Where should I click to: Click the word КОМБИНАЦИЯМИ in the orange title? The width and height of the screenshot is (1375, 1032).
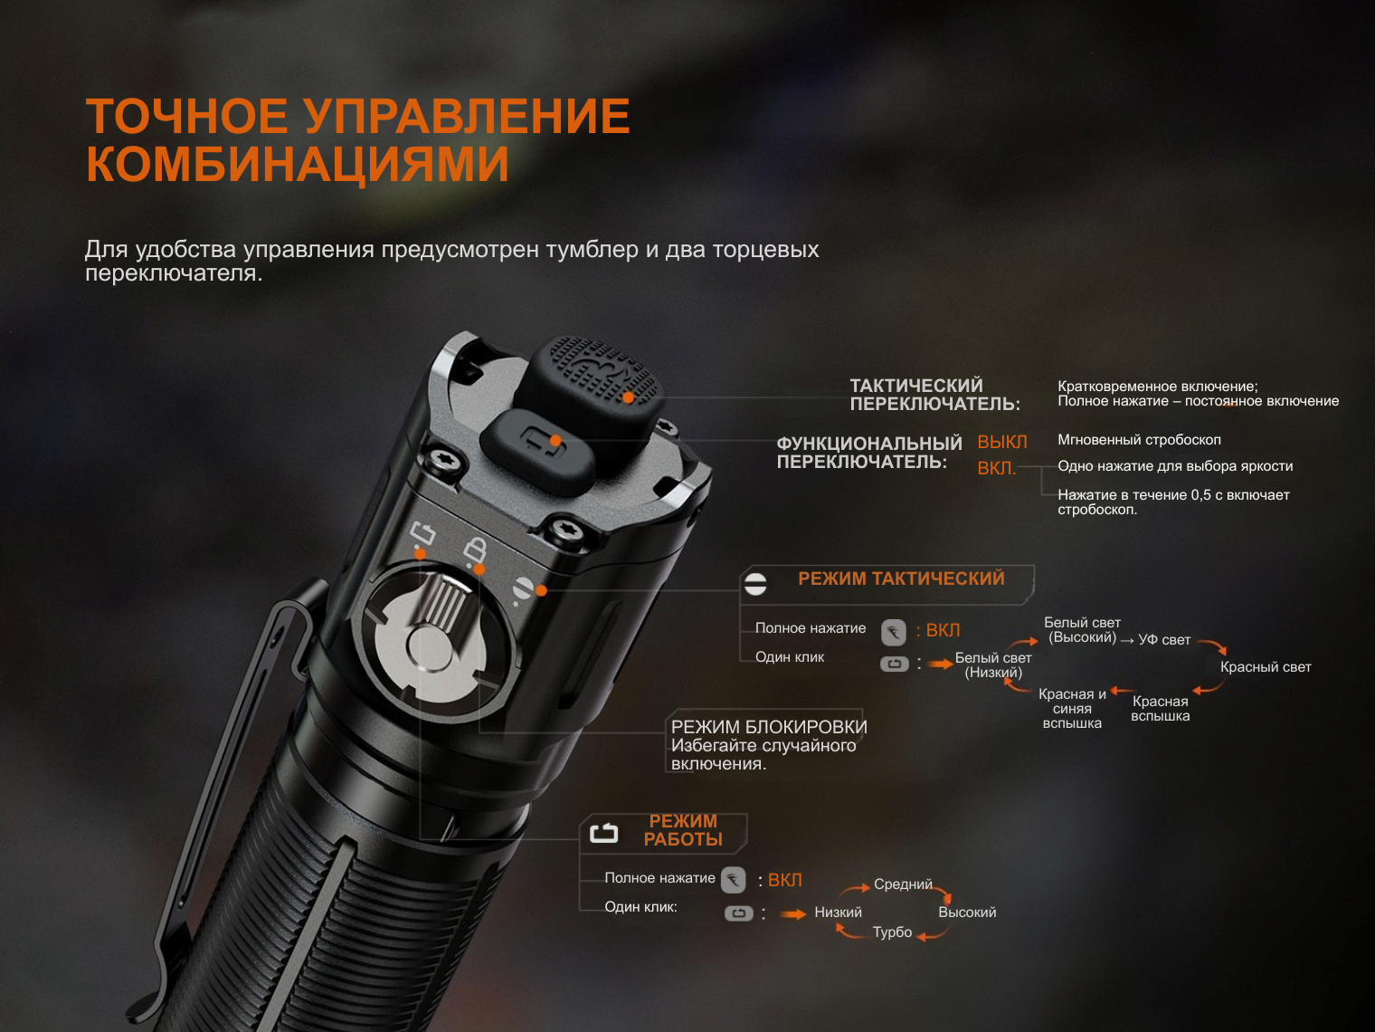pyautogui.click(x=298, y=164)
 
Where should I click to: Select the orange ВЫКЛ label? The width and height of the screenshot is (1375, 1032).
pyautogui.click(x=1002, y=442)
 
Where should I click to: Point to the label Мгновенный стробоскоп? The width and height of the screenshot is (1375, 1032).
pyautogui.click(x=1140, y=440)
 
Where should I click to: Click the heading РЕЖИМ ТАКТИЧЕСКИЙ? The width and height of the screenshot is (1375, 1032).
pyautogui.click(x=901, y=578)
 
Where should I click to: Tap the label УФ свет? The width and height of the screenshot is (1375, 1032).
pyautogui.click(x=1164, y=640)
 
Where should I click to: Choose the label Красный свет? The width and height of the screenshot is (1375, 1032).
pyautogui.click(x=1266, y=667)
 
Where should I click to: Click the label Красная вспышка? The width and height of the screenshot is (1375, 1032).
pyautogui.click(x=1160, y=709)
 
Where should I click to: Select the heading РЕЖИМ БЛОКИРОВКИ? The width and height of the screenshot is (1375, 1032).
pyautogui.click(x=769, y=727)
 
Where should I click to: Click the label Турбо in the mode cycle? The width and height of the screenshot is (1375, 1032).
pyautogui.click(x=892, y=932)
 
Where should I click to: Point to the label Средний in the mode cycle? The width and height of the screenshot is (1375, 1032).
pyautogui.click(x=903, y=884)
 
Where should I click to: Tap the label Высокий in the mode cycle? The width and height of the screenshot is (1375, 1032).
pyautogui.click(x=967, y=913)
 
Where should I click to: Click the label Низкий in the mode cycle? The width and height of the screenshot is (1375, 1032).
pyautogui.click(x=839, y=913)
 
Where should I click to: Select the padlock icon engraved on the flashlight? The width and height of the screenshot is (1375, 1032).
pyautogui.click(x=475, y=549)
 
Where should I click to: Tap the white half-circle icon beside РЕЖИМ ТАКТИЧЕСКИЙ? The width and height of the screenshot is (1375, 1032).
pyautogui.click(x=755, y=584)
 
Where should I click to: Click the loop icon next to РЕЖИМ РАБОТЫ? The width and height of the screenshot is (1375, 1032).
pyautogui.click(x=604, y=833)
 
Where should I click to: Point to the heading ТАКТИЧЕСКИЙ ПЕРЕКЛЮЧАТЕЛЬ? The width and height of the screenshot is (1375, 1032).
pyautogui.click(x=934, y=395)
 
